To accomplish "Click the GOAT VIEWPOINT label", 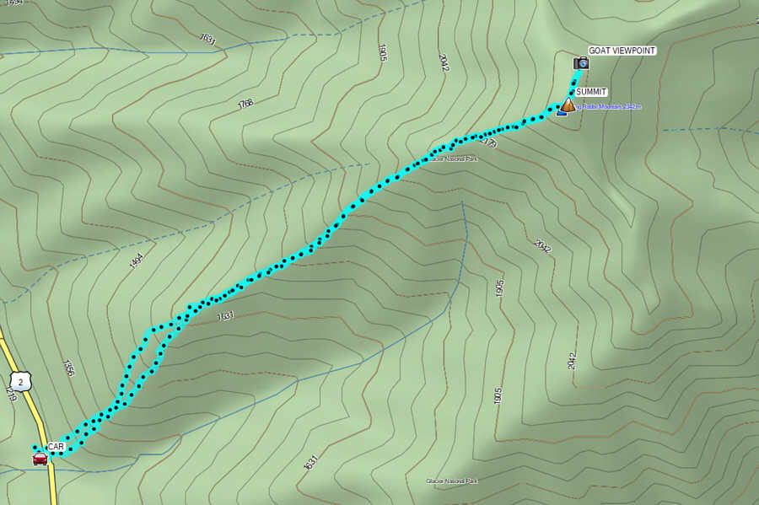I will [x=622, y=51].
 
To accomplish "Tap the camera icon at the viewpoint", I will [x=580, y=63].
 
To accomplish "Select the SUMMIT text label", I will [x=592, y=92].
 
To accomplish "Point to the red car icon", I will [x=40, y=459].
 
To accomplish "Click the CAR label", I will [x=56, y=446].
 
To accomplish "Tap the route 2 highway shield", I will [x=23, y=380].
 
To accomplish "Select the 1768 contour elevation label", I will [x=245, y=103].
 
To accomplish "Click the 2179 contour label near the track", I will [x=487, y=144].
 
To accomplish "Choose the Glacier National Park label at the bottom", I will [x=452, y=481].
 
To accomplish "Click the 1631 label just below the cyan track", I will [x=225, y=316].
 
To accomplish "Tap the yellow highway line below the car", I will [x=52, y=485].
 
